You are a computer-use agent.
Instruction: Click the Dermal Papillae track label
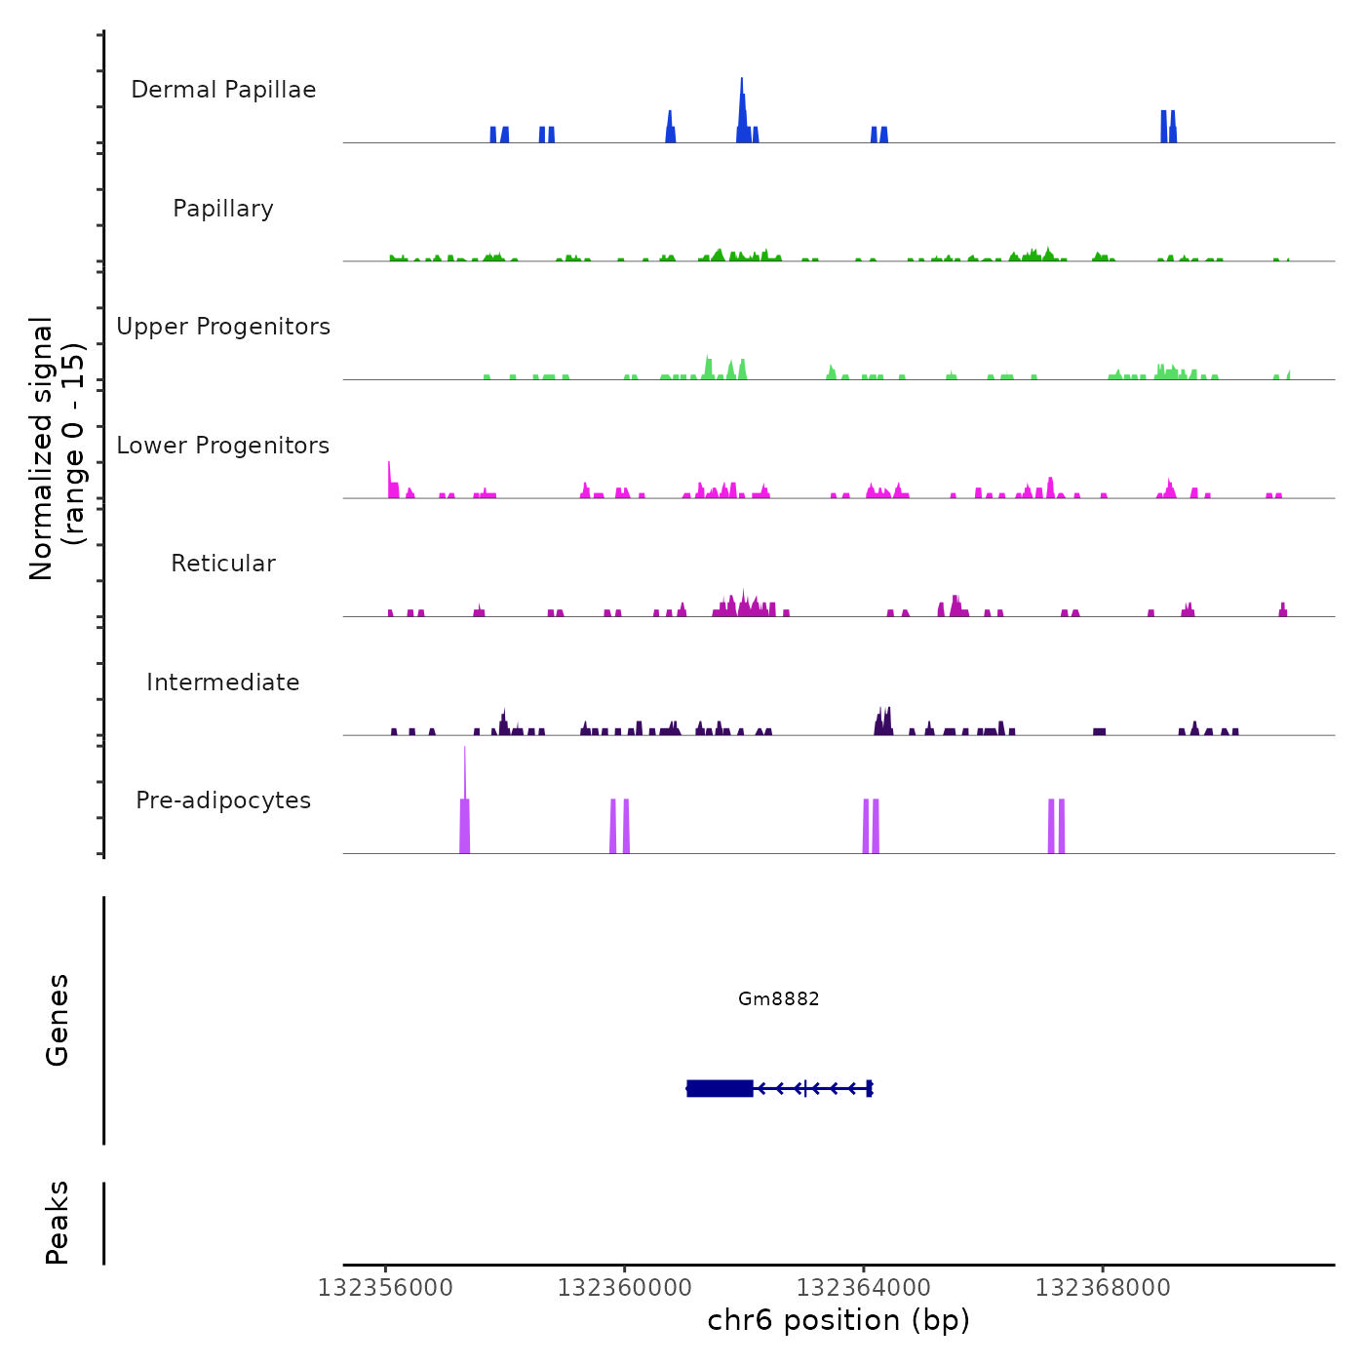223,90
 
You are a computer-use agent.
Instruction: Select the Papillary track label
223,209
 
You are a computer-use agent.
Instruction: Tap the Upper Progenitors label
223,327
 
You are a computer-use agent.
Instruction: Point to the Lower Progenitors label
223,446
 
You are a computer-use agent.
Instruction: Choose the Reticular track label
223,564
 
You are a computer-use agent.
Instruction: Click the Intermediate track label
223,682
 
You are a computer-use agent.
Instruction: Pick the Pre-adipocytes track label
223,800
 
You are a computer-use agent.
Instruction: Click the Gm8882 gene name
778,998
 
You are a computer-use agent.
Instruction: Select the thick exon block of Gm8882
720,1088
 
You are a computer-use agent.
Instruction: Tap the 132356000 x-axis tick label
385,1288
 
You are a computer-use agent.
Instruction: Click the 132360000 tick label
624,1288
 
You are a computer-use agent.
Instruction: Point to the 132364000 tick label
863,1288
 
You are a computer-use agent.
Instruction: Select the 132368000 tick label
1102,1288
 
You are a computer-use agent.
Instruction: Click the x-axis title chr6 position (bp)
838,1321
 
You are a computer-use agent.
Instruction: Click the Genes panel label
58,1019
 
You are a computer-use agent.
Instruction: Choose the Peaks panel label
58,1223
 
